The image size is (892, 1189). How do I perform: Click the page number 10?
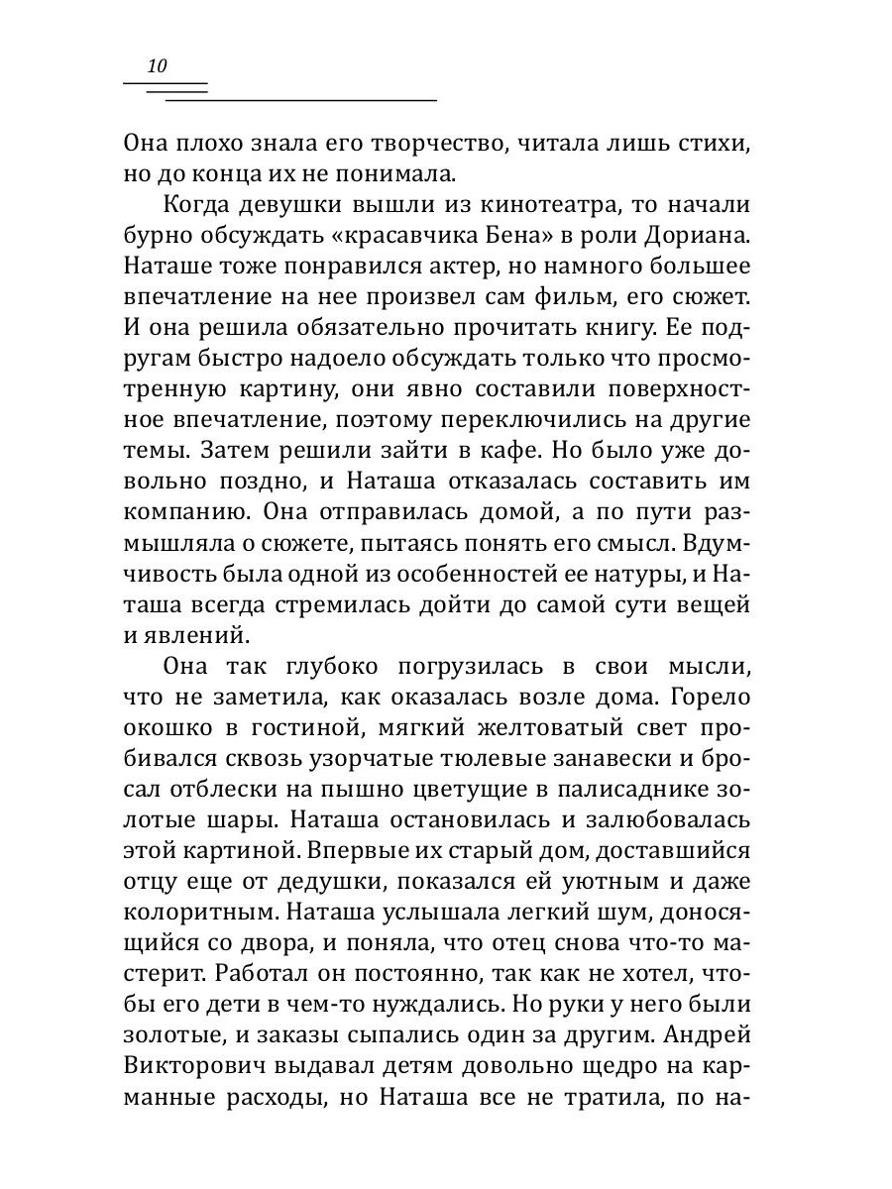pyautogui.click(x=157, y=67)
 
